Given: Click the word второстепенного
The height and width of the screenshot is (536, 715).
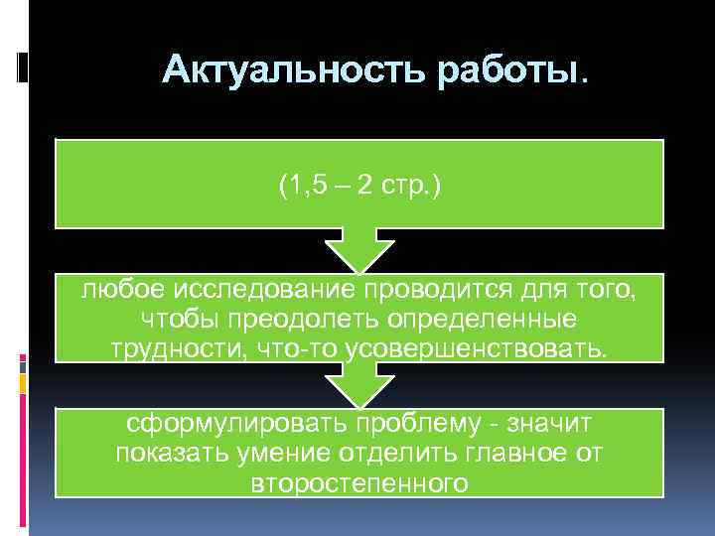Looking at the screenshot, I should tap(358, 483).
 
